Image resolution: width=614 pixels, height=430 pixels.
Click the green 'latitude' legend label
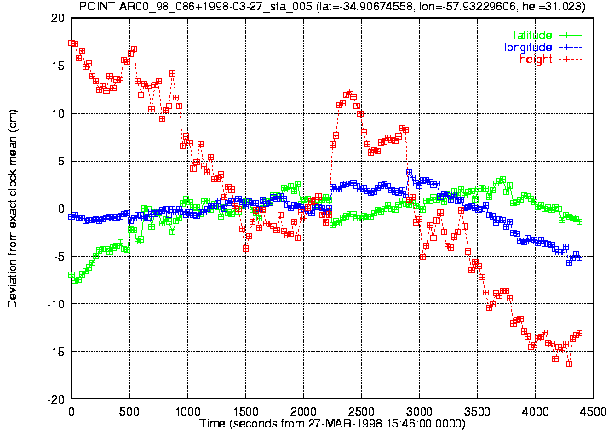pyautogui.click(x=532, y=35)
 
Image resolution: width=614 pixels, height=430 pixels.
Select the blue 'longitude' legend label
pyautogui.click(x=528, y=48)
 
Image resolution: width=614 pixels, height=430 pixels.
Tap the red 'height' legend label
pyautogui.click(x=536, y=59)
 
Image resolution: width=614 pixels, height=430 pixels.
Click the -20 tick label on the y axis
pyautogui.click(x=55, y=399)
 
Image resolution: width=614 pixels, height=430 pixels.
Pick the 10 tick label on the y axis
pyautogui.click(x=58, y=113)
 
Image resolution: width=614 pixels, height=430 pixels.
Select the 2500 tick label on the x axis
pyautogui.click(x=361, y=411)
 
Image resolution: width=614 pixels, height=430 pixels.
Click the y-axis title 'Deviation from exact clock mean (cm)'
pyautogui.click(x=12, y=209)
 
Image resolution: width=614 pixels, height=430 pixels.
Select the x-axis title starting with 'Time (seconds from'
pyautogui.click(x=332, y=423)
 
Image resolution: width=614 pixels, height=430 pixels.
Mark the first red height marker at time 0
pyautogui.click(x=72, y=43)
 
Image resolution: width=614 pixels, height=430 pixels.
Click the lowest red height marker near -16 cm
pyautogui.click(x=569, y=364)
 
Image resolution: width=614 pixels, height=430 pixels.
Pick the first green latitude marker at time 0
pyautogui.click(x=72, y=274)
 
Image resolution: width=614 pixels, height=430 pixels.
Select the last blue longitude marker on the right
pyautogui.click(x=580, y=257)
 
